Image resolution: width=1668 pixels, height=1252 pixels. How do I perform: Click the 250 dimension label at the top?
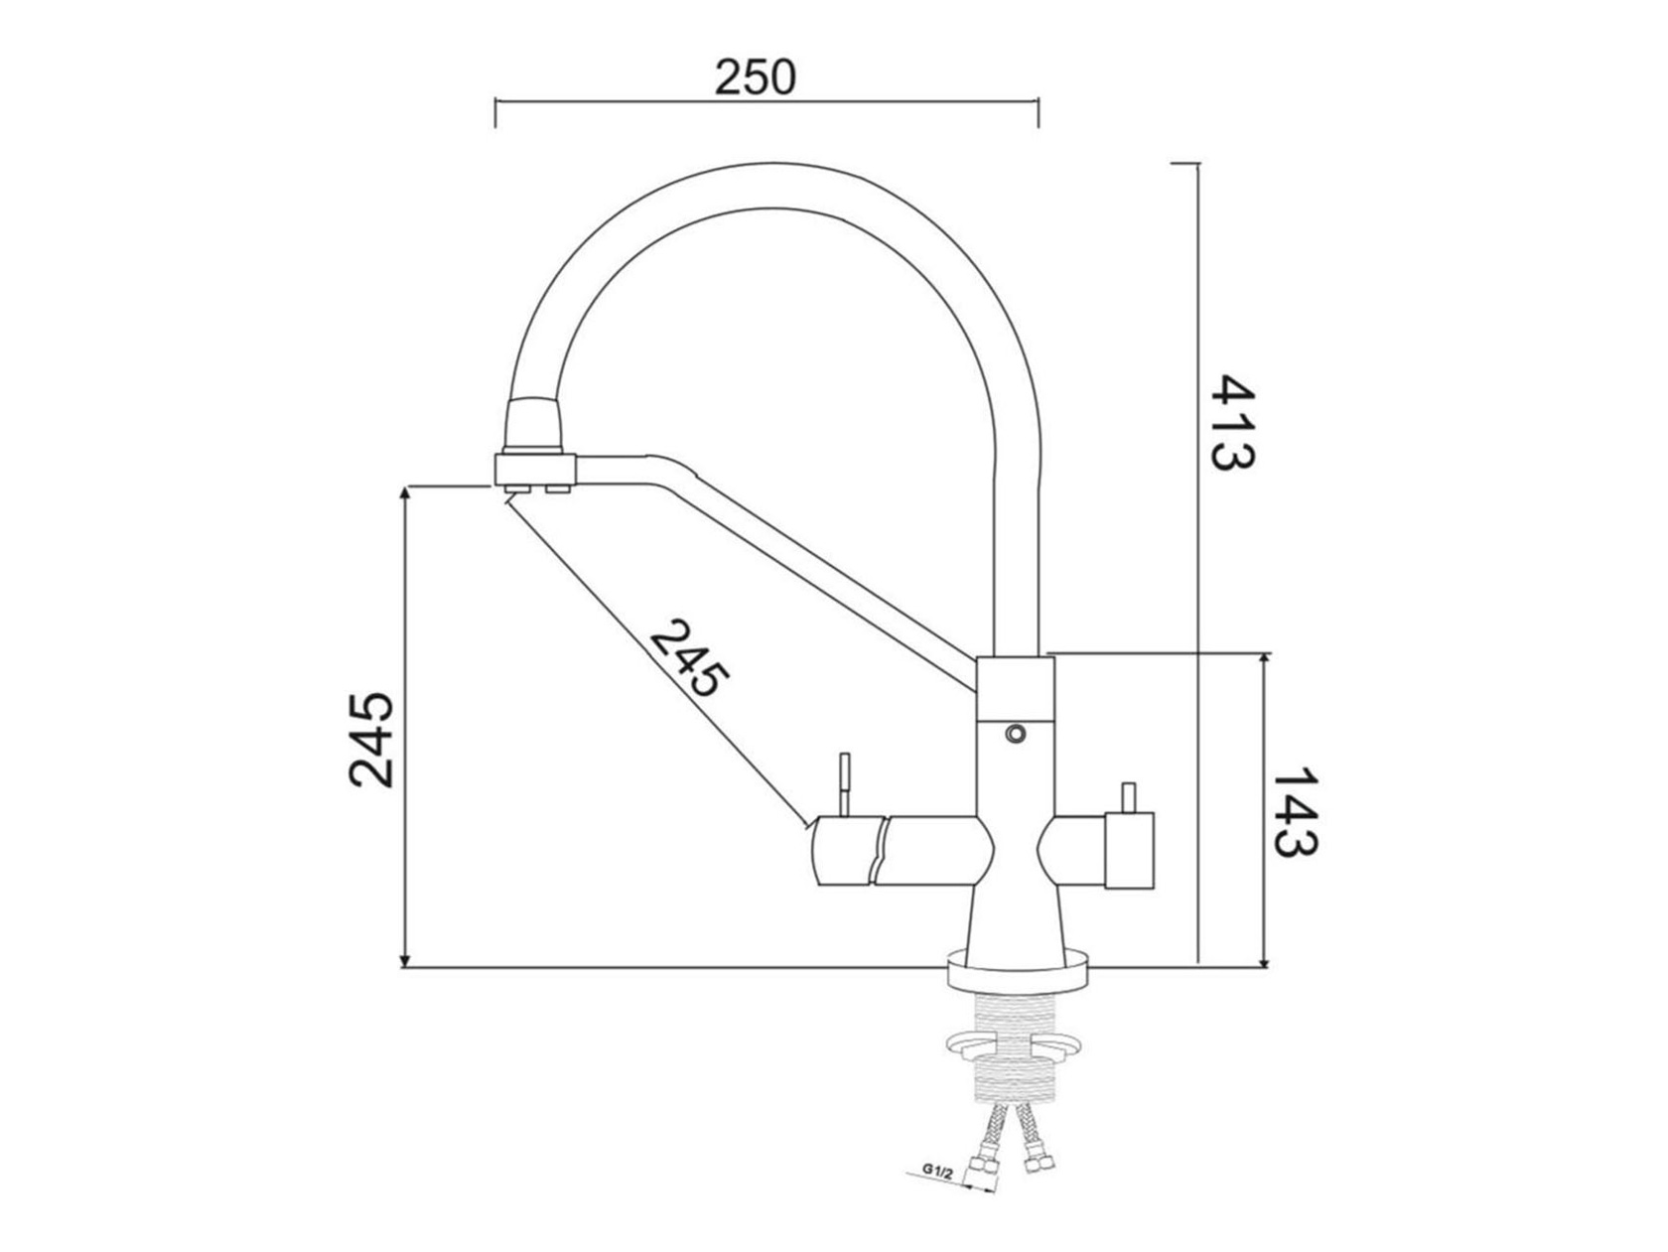tap(756, 76)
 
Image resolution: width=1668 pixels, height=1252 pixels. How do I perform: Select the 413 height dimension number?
tap(1231, 422)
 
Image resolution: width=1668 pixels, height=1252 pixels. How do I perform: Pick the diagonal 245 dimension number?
tap(689, 658)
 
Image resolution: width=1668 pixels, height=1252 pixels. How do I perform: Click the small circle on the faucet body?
tap(1015, 734)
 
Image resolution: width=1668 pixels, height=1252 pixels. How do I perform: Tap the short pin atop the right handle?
tap(1128, 797)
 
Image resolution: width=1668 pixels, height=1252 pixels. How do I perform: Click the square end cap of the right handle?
tap(1129, 849)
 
